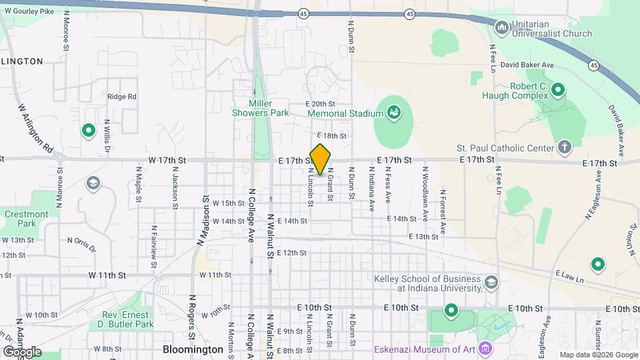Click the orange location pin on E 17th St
pos(321,159)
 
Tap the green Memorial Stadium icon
pos(394,112)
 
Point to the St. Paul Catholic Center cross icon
pos(564,147)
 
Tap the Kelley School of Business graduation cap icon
pos(491,283)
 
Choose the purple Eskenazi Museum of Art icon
pos(485,348)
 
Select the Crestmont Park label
pos(26,219)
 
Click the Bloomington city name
pos(193,349)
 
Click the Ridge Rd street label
pos(121,97)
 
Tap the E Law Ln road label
pos(569,273)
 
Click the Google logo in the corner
pos(22,351)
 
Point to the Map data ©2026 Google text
pos(598,355)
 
